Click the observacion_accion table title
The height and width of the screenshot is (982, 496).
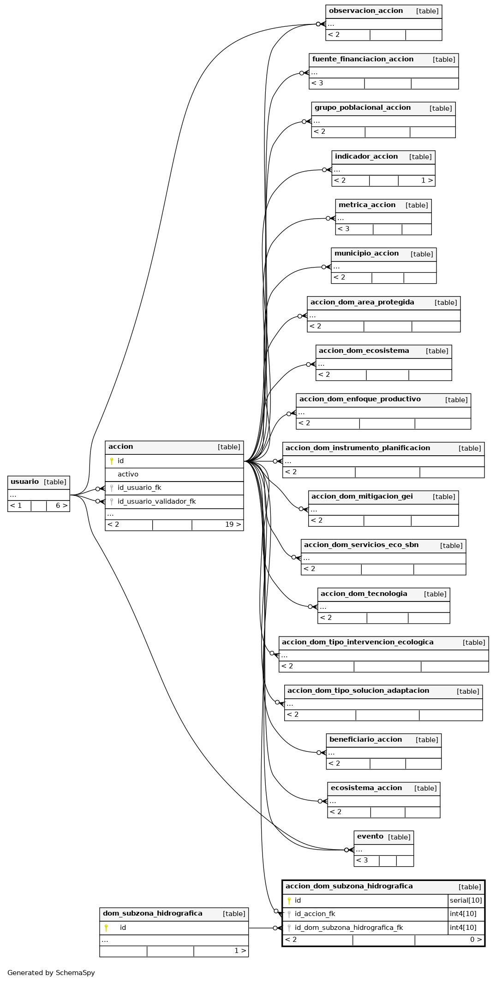[366, 11]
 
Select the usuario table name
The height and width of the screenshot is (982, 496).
[25, 482]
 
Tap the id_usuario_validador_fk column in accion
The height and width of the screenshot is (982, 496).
[156, 501]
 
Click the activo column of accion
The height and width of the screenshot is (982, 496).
[128, 474]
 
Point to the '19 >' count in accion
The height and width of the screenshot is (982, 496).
[233, 524]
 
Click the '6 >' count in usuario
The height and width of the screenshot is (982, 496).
[62, 506]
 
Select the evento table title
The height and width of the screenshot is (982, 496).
[370, 837]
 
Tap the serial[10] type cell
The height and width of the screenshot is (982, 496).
[466, 900]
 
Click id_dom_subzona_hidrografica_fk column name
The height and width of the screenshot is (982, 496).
[349, 928]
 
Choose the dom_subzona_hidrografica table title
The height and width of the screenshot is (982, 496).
[153, 913]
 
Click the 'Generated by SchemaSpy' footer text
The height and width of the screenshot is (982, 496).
[51, 973]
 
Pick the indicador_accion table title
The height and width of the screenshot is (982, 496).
[366, 157]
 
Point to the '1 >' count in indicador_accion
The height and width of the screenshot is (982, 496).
[427, 180]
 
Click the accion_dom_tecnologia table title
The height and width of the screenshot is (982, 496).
[364, 594]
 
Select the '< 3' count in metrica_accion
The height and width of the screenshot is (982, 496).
[344, 229]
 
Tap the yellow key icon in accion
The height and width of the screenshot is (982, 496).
[112, 461]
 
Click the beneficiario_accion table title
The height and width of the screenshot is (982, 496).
[366, 740]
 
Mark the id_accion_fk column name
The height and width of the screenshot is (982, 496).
[315, 914]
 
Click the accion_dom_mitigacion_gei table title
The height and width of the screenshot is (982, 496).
[362, 497]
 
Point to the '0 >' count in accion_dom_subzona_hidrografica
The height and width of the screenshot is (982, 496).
[476, 940]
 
